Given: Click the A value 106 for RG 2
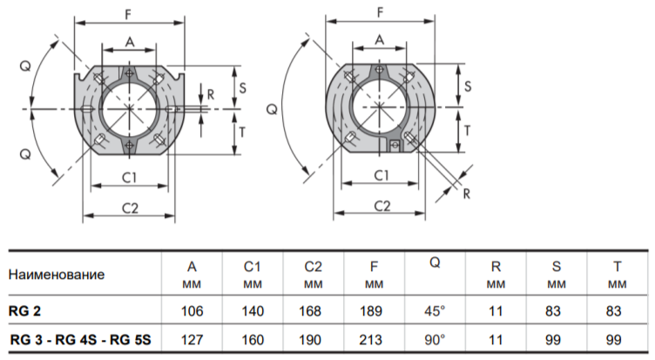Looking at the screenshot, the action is coord(192,311).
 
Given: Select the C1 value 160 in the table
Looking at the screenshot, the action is coord(253,339).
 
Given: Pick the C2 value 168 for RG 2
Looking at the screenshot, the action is coord(310,311).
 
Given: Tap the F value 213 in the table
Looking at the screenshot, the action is coord(370,339).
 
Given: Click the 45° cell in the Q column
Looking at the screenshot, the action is coord(435,311).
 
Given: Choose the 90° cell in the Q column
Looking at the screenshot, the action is coord(435,339).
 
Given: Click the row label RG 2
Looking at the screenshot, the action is coord(24,311).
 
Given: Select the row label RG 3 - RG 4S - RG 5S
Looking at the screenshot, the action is coord(80,339).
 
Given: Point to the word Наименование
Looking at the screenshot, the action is coord(57,275).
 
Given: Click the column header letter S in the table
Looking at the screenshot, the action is coord(557,267).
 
